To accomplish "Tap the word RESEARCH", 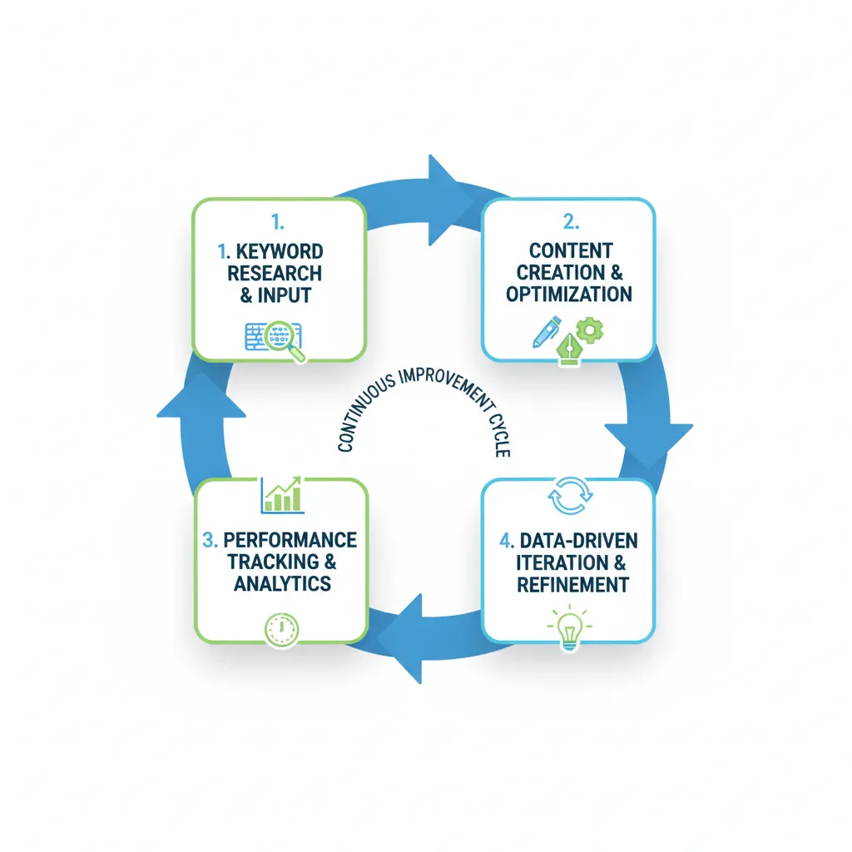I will tap(275, 273).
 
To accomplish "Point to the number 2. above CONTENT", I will tap(569, 222).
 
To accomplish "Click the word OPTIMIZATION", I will tap(569, 294).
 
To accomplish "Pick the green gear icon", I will tap(590, 330).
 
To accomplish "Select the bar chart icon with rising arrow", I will tap(281, 494).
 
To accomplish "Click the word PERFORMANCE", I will tap(290, 539).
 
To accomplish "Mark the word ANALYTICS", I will tap(282, 583).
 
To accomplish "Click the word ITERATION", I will tap(560, 562).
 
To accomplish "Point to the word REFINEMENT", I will tap(572, 584).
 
